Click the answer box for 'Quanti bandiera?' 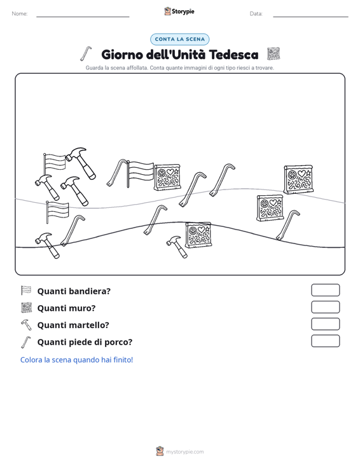325,290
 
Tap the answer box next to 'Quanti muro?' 325,307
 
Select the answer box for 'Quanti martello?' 325,324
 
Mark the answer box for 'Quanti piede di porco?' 325,341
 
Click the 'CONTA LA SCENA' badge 180,39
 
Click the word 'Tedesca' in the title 233,55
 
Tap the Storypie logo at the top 179,11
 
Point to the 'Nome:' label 20,14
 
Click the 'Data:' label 256,14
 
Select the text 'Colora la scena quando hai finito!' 77,360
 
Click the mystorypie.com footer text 185,452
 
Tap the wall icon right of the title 273,54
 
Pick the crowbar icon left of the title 86,54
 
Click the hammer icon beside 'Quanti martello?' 26,324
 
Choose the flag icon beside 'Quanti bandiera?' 26,291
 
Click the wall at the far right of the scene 298,179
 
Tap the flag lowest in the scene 57,212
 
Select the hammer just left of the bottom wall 177,247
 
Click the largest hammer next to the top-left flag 81,163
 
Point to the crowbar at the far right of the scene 287,224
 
